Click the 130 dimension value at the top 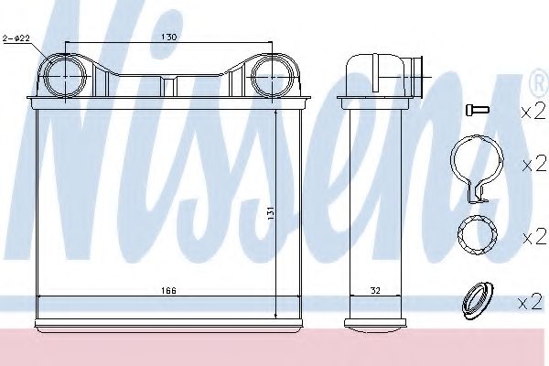(168, 37)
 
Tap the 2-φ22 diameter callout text (16, 38)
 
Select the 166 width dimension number (168, 290)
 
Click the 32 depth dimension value (375, 290)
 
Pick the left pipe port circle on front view (66, 76)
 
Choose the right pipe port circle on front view (272, 76)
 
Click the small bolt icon (478, 110)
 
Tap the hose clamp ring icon (477, 168)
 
